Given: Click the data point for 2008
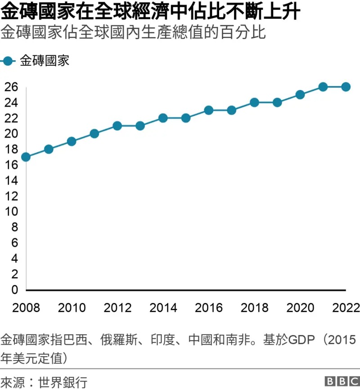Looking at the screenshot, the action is point(26,157).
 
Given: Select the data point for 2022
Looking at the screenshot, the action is point(346,87).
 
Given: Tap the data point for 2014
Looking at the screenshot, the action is point(163,118).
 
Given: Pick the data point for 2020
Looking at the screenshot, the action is point(300,95).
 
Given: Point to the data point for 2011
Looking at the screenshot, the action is point(94,134).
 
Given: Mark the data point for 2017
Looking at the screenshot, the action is point(231,110).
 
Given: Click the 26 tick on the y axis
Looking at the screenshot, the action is point(11,87).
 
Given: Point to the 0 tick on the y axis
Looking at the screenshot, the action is point(15,290).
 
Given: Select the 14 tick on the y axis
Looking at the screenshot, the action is point(11,180).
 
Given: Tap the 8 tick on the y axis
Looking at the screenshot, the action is point(15,227).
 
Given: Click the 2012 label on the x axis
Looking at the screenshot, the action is point(117,308).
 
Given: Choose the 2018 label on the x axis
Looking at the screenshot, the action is point(254,308).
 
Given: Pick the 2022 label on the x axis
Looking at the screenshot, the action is point(346,308).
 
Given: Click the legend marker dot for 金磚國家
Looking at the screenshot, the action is point(8,61).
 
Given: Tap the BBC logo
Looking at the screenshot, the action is point(342,381).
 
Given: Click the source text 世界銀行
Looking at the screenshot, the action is point(63,382).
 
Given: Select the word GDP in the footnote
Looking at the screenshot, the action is point(301,340).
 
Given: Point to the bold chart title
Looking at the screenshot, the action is point(150,11).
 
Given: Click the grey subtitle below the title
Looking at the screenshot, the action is point(133,32).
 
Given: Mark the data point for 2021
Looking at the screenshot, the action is point(323,87).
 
